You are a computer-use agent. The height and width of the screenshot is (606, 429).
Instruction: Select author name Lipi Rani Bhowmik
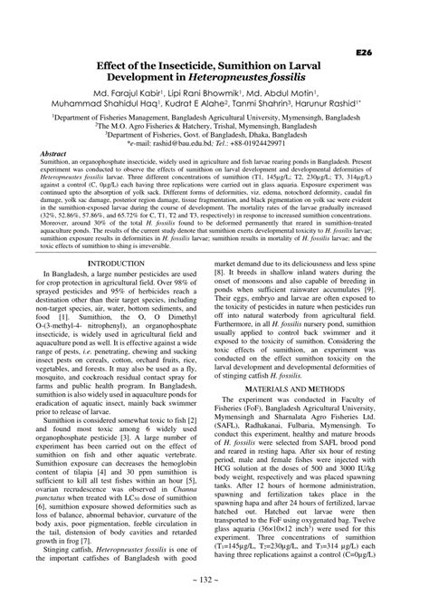coord(222,93)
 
